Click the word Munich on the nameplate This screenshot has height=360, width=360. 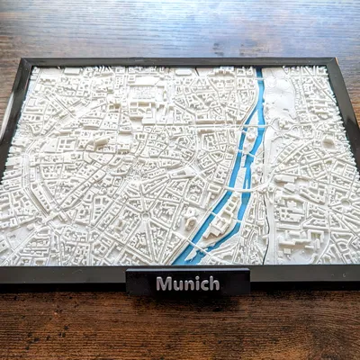coord(187,283)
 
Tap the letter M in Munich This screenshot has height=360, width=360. coord(163,283)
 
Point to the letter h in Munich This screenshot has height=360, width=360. coord(214,283)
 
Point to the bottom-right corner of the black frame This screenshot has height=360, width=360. coord(358,270)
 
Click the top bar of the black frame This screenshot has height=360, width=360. coord(180,63)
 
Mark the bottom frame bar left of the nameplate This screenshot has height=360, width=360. coord(63,274)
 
